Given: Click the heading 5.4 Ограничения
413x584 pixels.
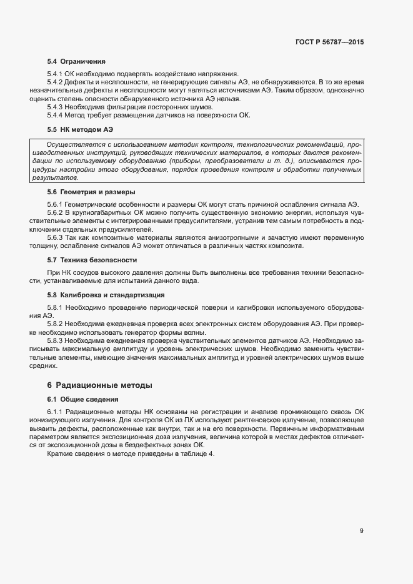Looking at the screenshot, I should tap(76, 62).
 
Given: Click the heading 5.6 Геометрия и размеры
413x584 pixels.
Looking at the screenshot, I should tap(91, 192).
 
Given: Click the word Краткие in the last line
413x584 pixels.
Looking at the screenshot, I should tap(60, 453).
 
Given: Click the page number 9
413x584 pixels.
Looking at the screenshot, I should tap(361, 531).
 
